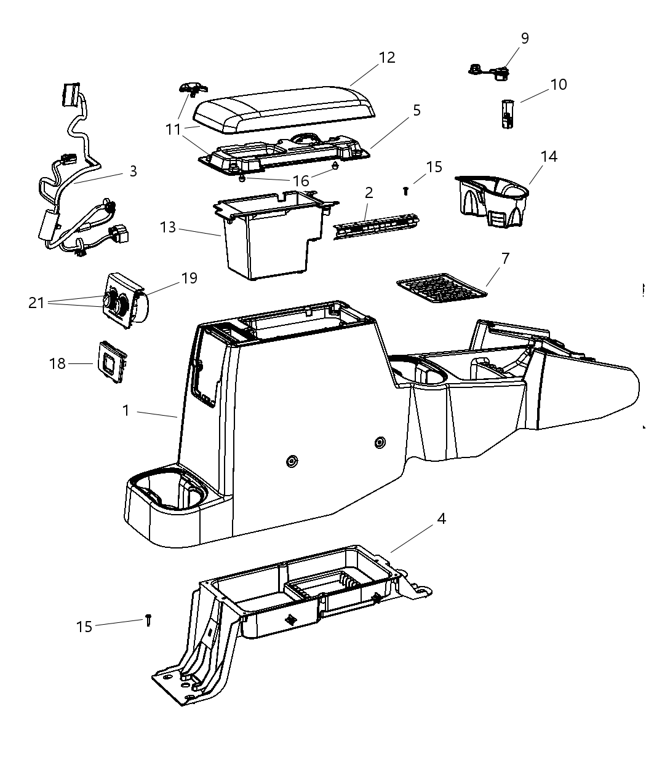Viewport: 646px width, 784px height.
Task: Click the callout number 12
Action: click(x=387, y=57)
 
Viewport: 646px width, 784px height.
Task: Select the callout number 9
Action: click(x=524, y=38)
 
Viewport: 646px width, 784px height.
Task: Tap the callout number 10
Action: click(x=558, y=84)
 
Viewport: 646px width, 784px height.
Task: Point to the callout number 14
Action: click(x=549, y=157)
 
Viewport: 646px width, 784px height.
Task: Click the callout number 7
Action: click(x=505, y=258)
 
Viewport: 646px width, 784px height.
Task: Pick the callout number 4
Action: click(x=441, y=519)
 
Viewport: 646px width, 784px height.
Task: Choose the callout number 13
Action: click(x=168, y=228)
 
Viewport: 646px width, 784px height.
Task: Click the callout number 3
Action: click(x=133, y=171)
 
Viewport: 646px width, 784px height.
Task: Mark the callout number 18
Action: click(x=57, y=363)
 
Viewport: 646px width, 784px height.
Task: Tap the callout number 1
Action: click(x=126, y=410)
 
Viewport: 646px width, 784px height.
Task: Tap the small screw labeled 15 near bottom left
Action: click(x=148, y=620)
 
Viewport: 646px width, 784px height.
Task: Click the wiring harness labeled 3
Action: click(x=74, y=184)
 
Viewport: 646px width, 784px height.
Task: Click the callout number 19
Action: click(x=189, y=278)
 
